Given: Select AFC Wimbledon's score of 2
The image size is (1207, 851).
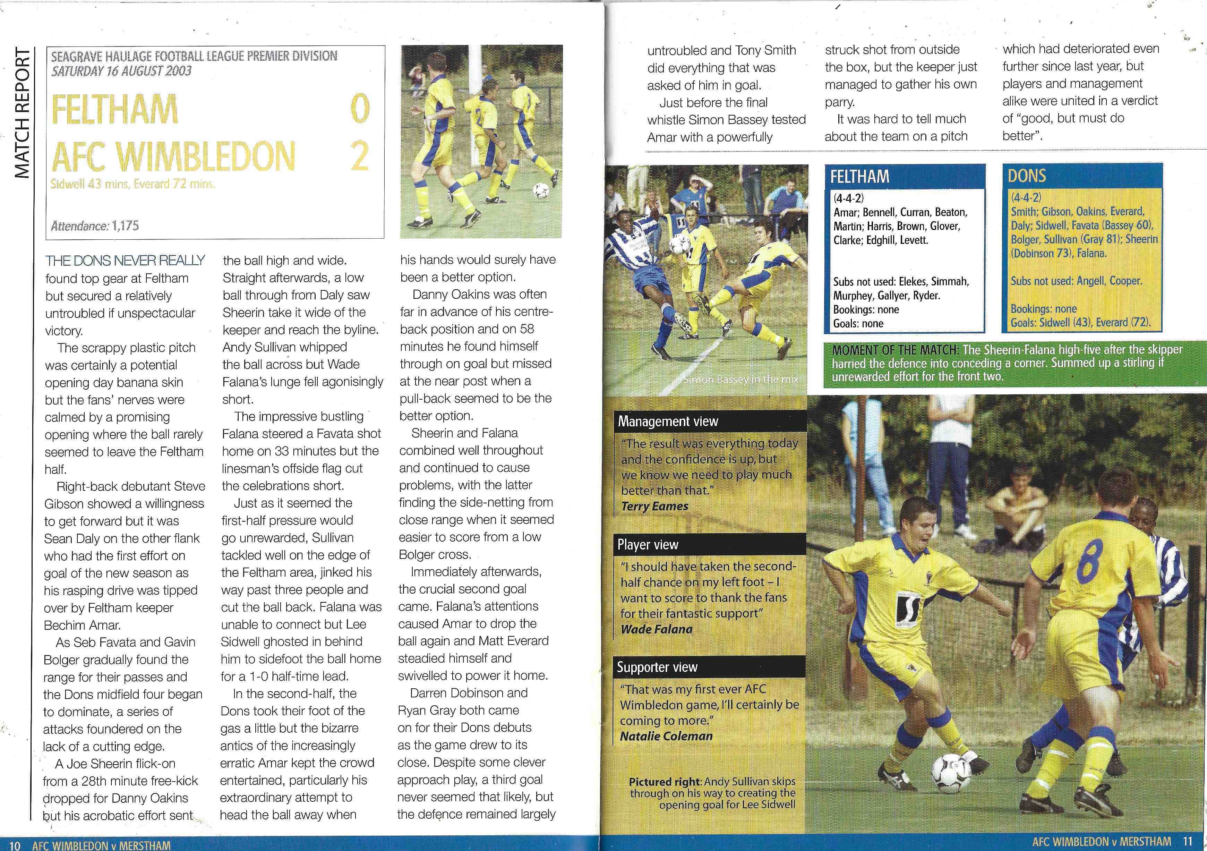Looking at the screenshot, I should pos(360,156).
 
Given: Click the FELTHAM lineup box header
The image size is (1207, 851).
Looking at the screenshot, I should pos(860,176).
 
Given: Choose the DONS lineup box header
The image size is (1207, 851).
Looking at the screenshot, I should pos(1027,175).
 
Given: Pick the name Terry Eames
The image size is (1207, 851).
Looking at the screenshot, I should pos(654,506).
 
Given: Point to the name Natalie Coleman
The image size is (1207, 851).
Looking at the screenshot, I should pos(666,736).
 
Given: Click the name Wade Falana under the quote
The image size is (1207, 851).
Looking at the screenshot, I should pos(657,629).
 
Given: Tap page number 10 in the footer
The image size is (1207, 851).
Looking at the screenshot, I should pos(14,845).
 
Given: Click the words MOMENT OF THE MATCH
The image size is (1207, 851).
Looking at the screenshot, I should pos(894,350).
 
